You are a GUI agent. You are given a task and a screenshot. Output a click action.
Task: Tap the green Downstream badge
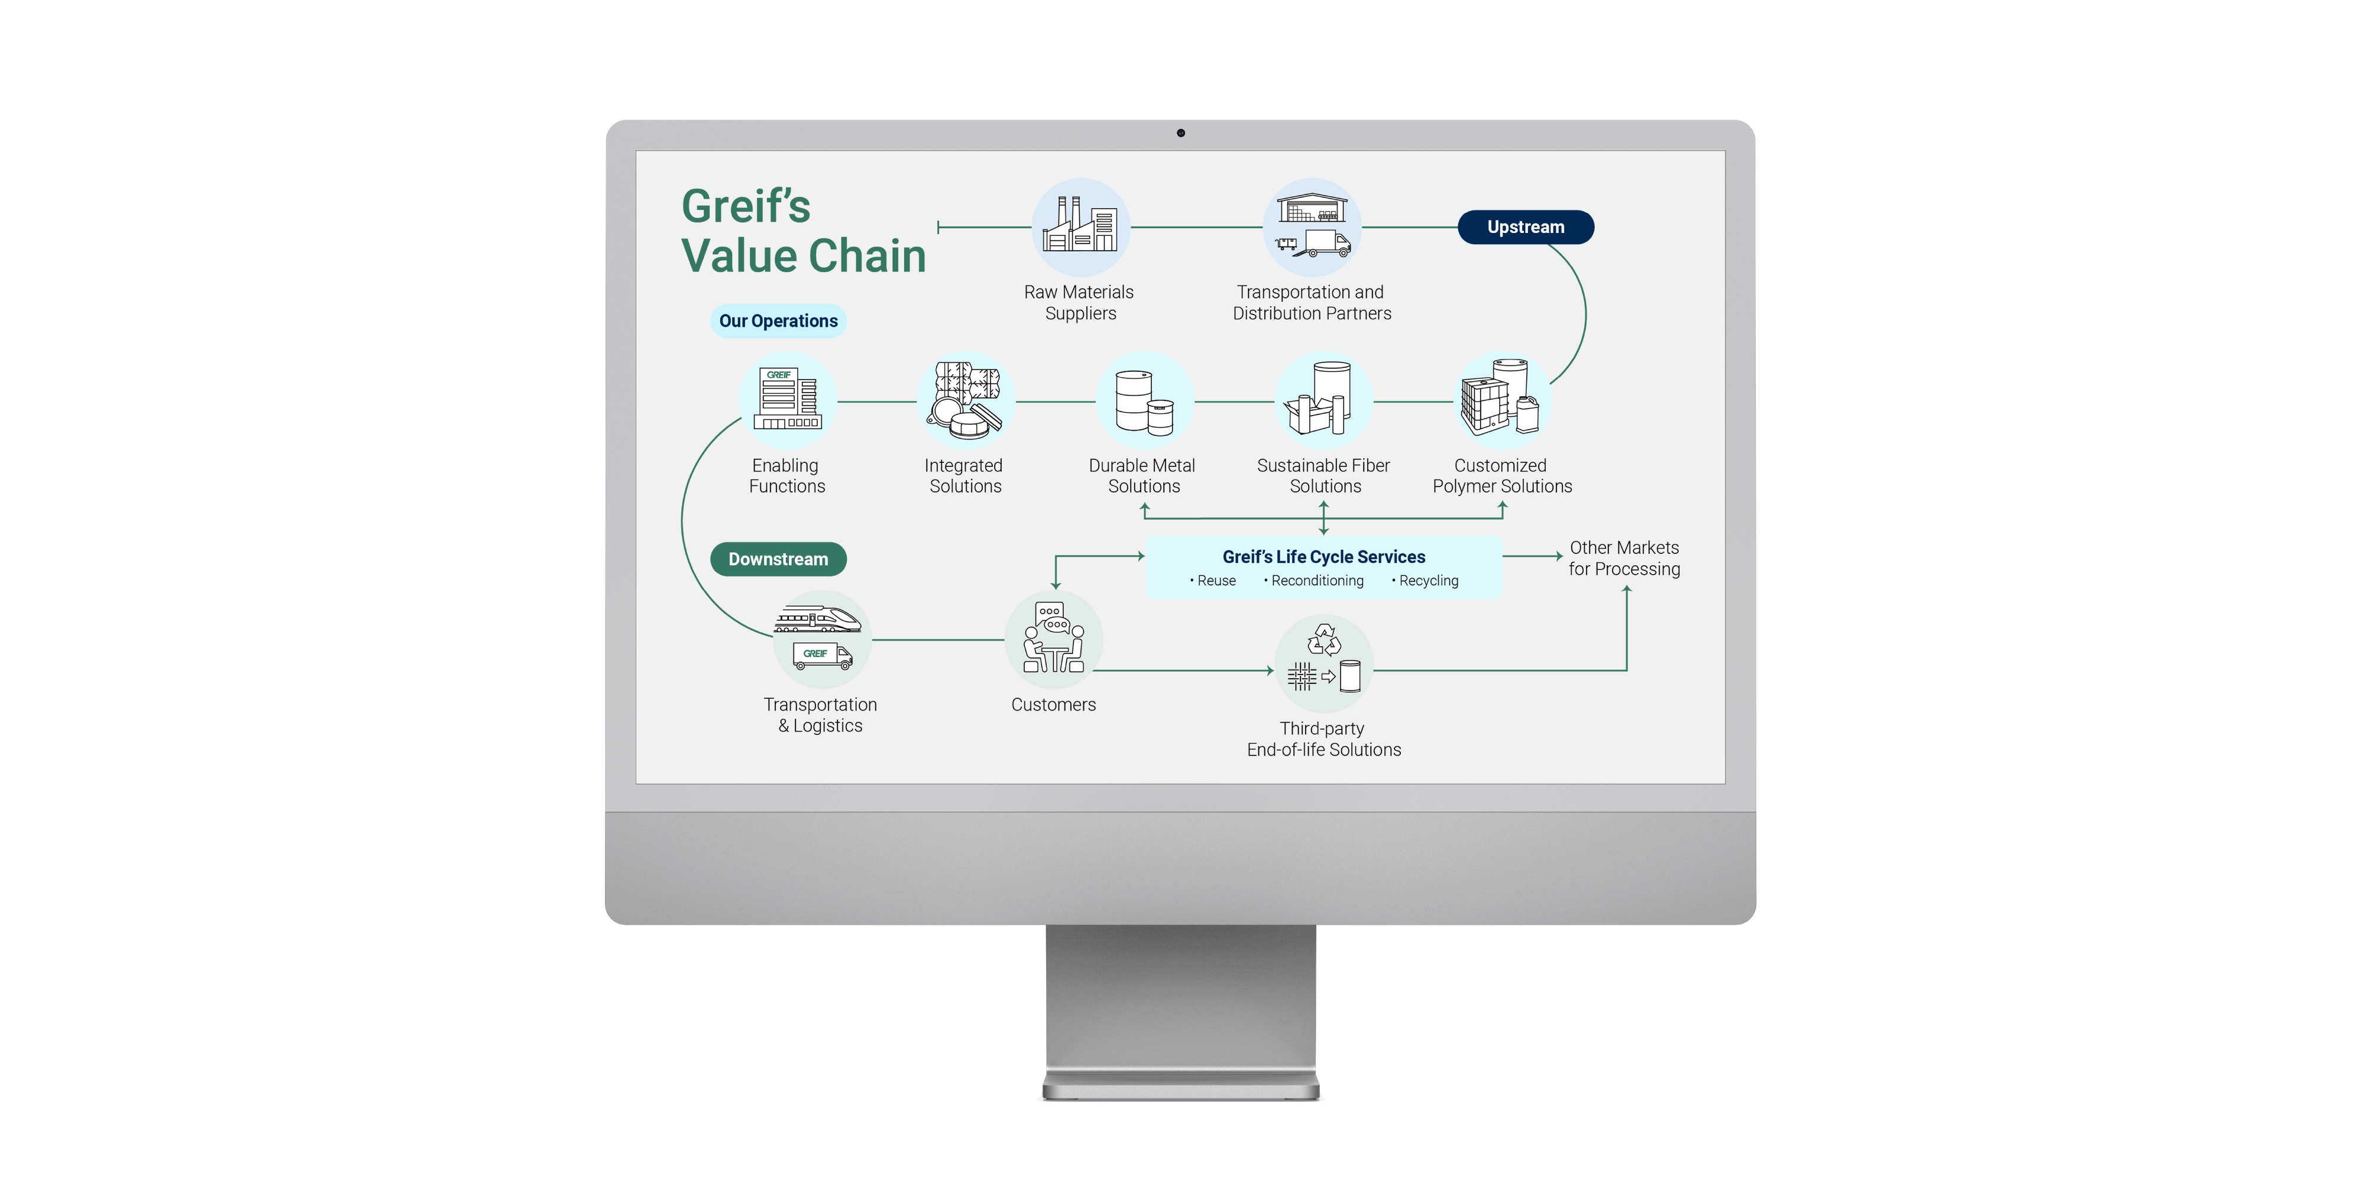[x=778, y=559]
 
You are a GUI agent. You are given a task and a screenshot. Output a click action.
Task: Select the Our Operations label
[x=778, y=320]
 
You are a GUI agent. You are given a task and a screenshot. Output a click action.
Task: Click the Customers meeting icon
[x=1054, y=639]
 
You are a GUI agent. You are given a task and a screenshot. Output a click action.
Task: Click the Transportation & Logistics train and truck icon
[x=820, y=639]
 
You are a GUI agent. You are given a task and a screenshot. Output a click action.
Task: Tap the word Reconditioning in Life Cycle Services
[x=1317, y=581]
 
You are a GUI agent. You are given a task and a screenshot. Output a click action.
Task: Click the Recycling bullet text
[x=1428, y=581]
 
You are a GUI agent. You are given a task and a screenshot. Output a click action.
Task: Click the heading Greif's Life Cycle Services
[x=1323, y=556]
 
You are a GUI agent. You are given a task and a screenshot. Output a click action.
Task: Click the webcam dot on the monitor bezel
[x=1181, y=133]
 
